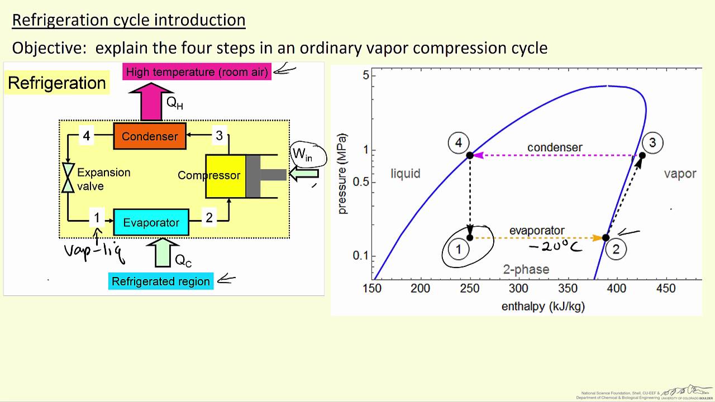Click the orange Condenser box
tap(150, 136)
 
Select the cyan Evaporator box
tap(151, 223)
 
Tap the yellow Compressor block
tap(225, 176)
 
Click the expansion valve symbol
tap(68, 178)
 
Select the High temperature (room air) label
tap(197, 71)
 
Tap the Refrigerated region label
tap(161, 281)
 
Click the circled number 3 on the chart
tap(652, 143)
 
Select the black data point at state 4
tap(470, 155)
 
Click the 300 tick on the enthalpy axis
tap(519, 289)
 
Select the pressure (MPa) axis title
tap(342, 173)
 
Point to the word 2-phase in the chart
tap(526, 270)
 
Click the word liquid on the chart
tap(405, 174)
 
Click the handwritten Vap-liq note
tap(93, 251)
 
